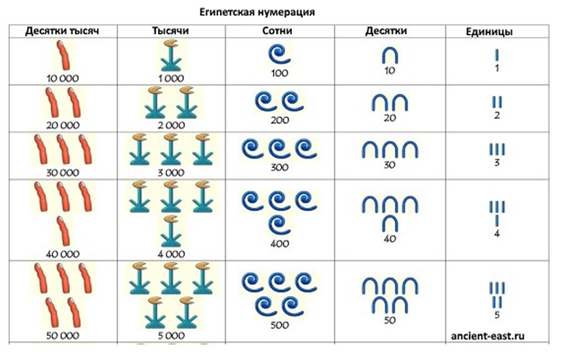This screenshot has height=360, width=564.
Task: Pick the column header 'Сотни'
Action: tap(275, 31)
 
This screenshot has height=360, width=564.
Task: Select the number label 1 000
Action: tap(168, 78)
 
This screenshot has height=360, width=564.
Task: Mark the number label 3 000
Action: tap(168, 171)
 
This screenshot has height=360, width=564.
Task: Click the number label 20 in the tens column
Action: tap(388, 118)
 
